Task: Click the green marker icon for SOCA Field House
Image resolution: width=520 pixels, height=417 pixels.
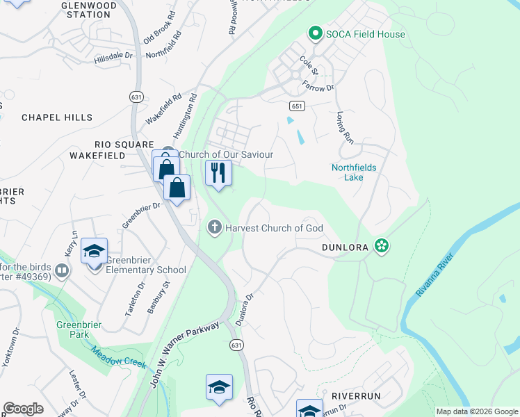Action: click(315, 33)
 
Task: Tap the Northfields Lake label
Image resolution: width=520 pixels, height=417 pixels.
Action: click(356, 172)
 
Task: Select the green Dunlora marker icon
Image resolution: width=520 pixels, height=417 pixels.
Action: click(380, 245)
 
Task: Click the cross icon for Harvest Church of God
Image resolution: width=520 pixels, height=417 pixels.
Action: click(215, 227)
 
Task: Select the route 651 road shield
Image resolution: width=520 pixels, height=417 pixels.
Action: click(297, 106)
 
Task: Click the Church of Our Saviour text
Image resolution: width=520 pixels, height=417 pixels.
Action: click(226, 154)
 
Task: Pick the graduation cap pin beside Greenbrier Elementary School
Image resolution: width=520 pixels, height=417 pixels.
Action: click(94, 252)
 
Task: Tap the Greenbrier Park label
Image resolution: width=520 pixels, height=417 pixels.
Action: click(73, 328)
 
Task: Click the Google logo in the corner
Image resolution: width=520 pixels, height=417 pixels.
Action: click(23, 409)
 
